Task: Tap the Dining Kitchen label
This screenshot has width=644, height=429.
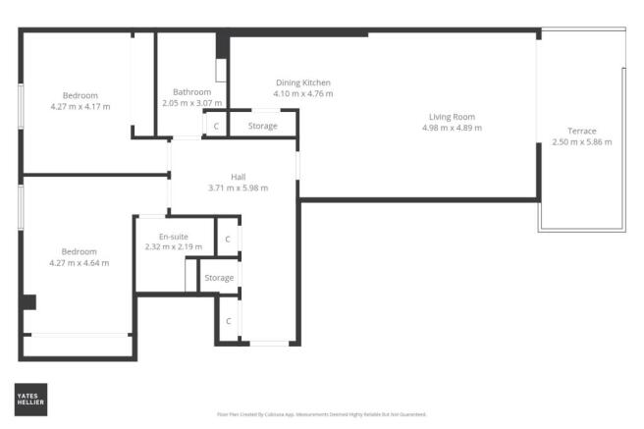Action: (302, 82)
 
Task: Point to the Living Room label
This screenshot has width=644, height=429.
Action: (452, 117)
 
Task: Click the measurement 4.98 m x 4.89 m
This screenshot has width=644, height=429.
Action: (452, 128)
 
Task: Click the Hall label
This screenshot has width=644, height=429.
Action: (238, 177)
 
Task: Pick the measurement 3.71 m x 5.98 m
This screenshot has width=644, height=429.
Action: (238, 188)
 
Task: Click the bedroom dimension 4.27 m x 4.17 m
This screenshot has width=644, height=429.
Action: (80, 106)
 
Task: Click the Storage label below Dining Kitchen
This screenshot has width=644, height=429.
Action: (262, 126)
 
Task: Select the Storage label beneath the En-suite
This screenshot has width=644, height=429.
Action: (219, 278)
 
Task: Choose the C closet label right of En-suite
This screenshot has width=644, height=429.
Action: (227, 239)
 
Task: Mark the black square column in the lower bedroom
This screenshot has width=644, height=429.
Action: (29, 302)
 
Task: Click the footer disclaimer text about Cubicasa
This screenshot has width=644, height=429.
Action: (321, 415)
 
